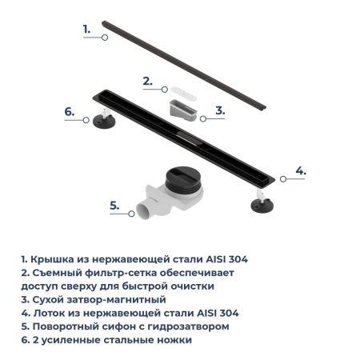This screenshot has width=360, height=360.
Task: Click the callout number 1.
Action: [x=86, y=28]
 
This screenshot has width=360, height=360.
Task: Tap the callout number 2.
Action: [x=147, y=80]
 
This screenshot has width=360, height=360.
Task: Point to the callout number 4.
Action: [x=300, y=170]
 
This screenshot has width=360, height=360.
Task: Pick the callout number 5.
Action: [x=114, y=205]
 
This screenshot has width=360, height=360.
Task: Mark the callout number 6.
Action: [x=69, y=111]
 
